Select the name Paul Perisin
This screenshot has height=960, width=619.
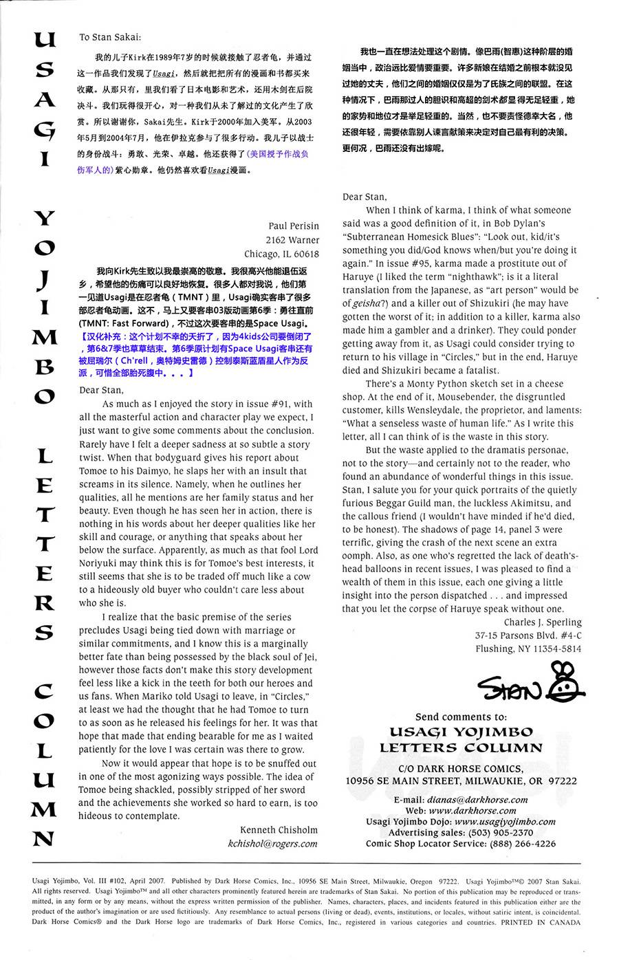click(x=294, y=226)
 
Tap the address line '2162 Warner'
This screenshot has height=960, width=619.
click(x=292, y=240)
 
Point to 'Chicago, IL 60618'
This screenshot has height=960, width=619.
click(x=281, y=253)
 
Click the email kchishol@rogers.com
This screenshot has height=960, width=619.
click(x=272, y=844)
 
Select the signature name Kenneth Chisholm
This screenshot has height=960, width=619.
click(x=279, y=830)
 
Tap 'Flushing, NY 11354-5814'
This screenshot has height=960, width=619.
click(x=528, y=648)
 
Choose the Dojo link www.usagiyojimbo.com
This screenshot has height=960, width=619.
click(x=505, y=822)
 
